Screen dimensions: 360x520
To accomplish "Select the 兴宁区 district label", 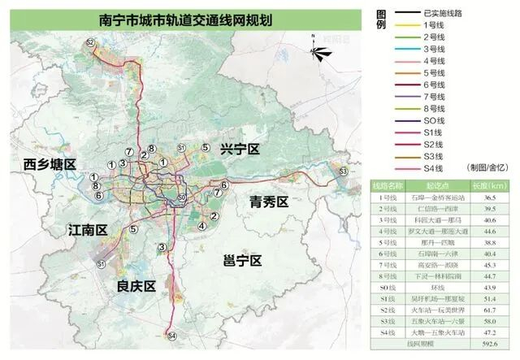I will coord(239,150).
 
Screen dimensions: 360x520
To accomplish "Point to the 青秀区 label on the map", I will coord(269,201).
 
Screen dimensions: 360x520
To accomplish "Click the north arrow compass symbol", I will coord(319,54).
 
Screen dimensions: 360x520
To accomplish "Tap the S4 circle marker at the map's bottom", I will coord(171,335).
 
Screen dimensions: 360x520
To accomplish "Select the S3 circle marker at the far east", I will coord(343,171).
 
